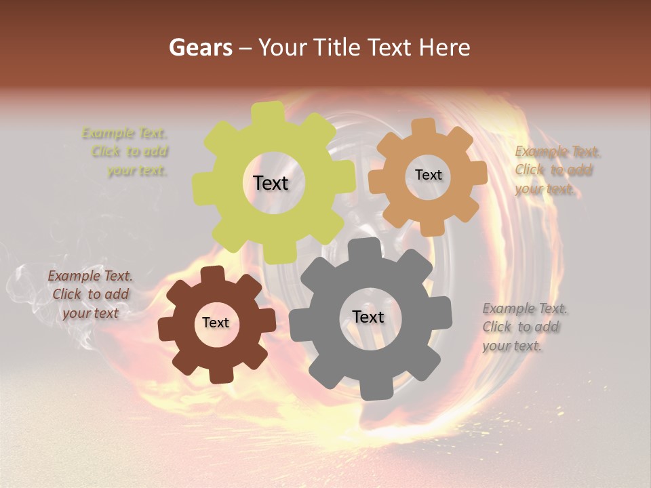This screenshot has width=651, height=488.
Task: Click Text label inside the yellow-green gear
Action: [271, 183]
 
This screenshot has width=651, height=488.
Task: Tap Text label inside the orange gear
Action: [428, 175]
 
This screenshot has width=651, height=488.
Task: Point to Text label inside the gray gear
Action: [368, 317]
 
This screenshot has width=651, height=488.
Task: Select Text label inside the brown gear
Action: [216, 323]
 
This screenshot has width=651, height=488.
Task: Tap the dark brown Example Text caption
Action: [90, 294]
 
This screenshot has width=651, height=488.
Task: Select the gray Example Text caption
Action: [524, 327]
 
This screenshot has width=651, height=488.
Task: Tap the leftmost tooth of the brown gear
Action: [167, 329]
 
